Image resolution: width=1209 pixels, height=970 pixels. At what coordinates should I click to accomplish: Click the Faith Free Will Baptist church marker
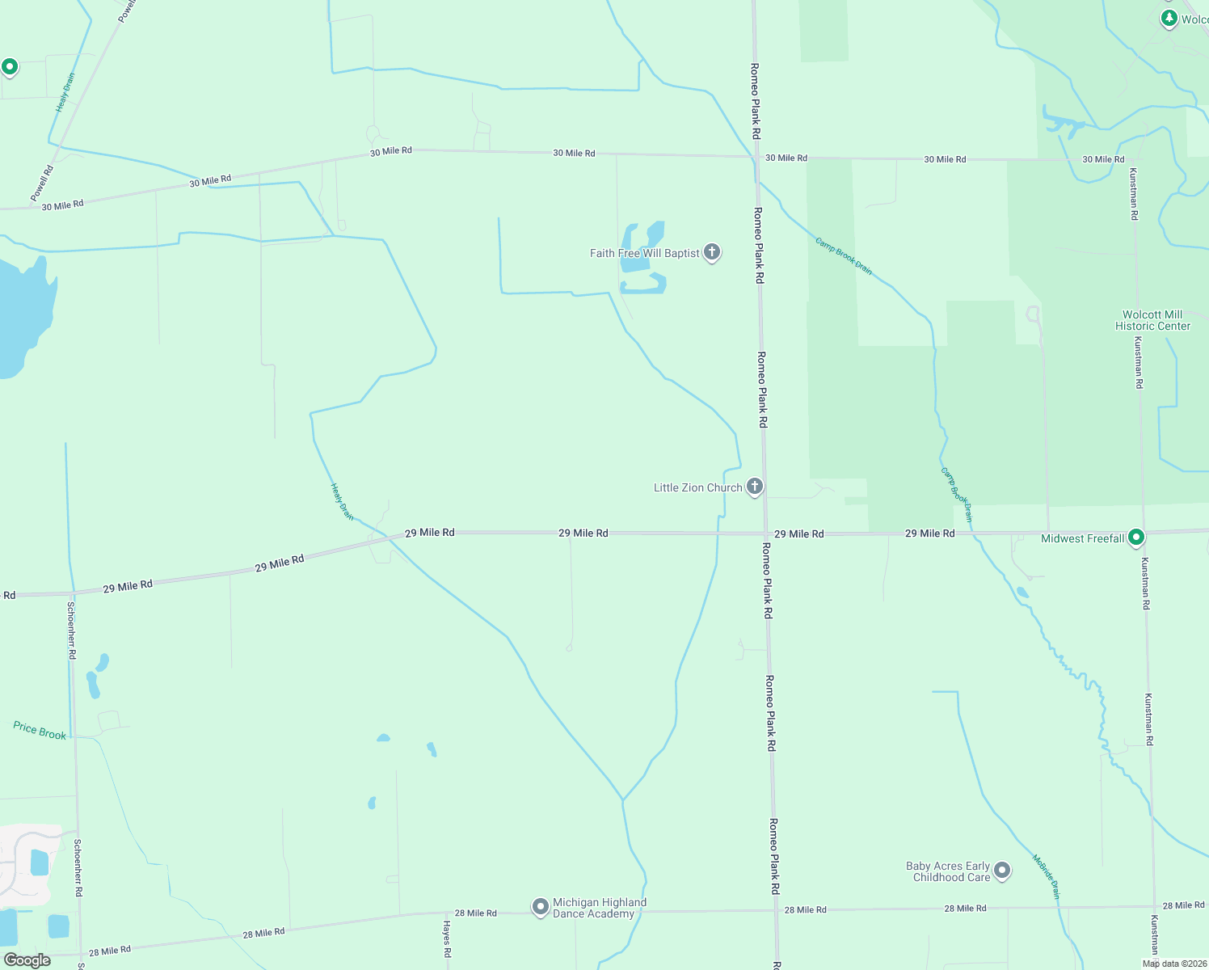click(x=712, y=252)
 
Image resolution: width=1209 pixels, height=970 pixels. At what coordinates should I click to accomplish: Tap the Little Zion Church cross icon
click(x=754, y=487)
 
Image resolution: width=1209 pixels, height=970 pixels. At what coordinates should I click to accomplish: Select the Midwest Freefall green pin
click(x=1136, y=537)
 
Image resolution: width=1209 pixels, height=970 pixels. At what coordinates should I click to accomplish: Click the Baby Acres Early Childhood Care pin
click(x=1002, y=871)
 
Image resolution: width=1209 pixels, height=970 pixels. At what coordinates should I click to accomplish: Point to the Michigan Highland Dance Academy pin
click(x=540, y=907)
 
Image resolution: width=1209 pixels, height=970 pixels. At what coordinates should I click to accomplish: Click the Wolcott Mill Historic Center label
click(x=1152, y=320)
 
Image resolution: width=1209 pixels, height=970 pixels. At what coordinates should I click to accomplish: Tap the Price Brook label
click(x=40, y=731)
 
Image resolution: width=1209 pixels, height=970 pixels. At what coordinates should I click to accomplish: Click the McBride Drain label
click(x=1046, y=876)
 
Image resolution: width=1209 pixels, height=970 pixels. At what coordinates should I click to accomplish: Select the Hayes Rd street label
click(x=447, y=938)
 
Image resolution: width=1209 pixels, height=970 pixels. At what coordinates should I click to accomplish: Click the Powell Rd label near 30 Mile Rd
click(x=42, y=183)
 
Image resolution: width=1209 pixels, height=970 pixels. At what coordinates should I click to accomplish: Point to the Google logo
click(x=27, y=959)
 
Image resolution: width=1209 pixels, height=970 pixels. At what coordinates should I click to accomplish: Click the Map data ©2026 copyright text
click(x=1173, y=964)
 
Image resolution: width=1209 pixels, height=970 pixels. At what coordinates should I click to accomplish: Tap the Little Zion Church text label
click(x=697, y=487)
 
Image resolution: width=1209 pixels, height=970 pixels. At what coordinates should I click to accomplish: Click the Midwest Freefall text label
click(x=1082, y=538)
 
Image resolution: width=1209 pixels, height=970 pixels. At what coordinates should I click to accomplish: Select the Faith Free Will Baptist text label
click(x=644, y=253)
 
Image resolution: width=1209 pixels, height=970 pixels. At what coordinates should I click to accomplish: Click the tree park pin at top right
click(x=1169, y=18)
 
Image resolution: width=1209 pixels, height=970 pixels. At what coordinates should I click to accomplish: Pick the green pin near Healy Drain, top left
click(x=10, y=67)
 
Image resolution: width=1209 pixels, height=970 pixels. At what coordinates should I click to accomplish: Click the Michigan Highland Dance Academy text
click(x=599, y=908)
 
